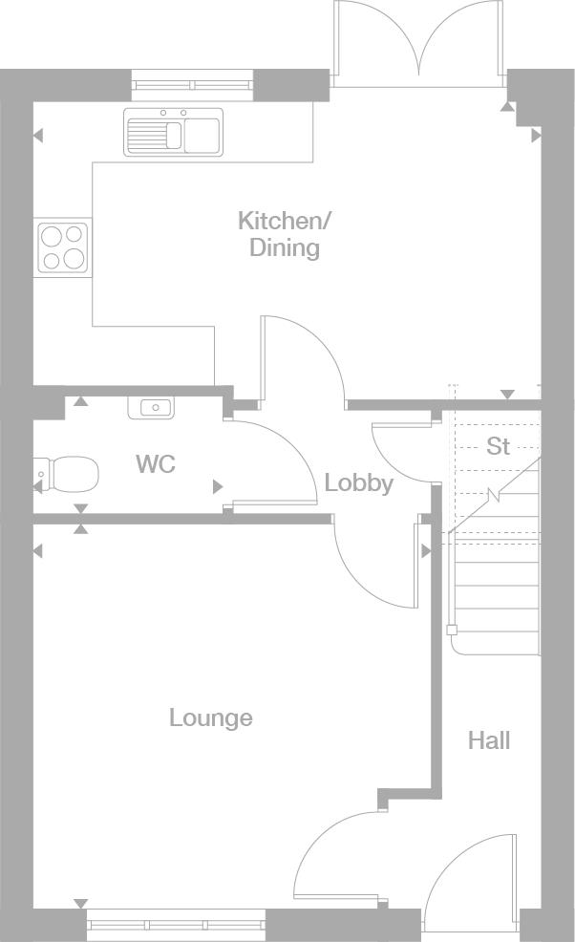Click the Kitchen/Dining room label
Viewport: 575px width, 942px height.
tap(284, 234)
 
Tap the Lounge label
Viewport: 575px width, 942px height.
tap(211, 717)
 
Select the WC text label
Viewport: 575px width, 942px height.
tap(156, 464)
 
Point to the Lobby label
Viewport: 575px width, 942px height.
tap(358, 483)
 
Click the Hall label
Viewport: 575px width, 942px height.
tap(488, 739)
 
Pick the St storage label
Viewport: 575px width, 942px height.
tap(498, 446)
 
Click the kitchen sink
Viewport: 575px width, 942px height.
tap(173, 132)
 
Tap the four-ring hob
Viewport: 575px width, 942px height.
tap(63, 246)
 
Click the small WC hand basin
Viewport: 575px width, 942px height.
tap(151, 408)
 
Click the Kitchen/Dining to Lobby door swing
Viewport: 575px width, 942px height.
tap(304, 358)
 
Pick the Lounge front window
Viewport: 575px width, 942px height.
tap(176, 923)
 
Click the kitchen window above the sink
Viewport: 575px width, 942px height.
tap(192, 85)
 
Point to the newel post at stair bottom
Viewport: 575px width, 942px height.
tap(452, 630)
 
